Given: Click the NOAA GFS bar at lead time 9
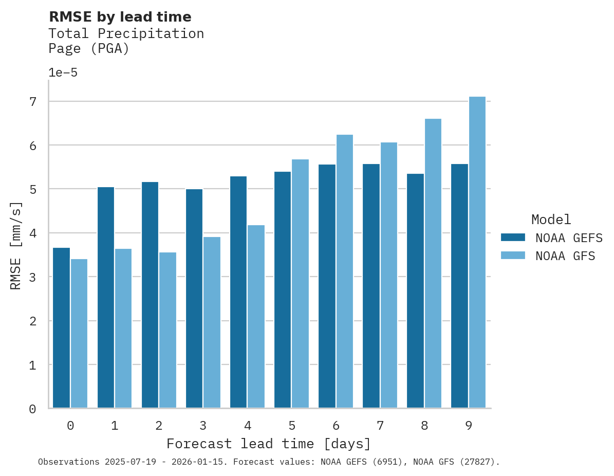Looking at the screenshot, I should pyautogui.click(x=477, y=252).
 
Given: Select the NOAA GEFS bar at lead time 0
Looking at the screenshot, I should pyautogui.click(x=61, y=328).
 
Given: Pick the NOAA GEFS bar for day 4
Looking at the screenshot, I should pyautogui.click(x=238, y=292).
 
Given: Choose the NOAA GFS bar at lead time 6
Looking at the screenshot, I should pyautogui.click(x=344, y=271).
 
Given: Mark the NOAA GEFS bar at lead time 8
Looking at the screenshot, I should pyautogui.click(x=415, y=291).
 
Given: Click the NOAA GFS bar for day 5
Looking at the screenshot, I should pyautogui.click(x=300, y=284).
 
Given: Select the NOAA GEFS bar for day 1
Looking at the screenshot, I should pyautogui.click(x=105, y=298).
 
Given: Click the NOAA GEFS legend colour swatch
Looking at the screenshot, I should pyautogui.click(x=513, y=237).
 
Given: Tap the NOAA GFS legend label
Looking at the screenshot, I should pyautogui.click(x=565, y=256).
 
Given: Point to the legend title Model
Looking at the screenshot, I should pyautogui.click(x=551, y=219).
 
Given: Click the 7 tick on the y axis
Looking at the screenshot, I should pyautogui.click(x=33, y=102).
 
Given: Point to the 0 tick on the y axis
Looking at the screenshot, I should pyautogui.click(x=33, y=409).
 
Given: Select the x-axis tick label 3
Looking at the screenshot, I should pyautogui.click(x=203, y=426).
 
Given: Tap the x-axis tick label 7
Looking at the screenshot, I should pyautogui.click(x=380, y=426).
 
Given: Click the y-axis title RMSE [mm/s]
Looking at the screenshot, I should pyautogui.click(x=16, y=246).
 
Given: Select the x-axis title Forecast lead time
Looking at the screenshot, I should pyautogui.click(x=268, y=444).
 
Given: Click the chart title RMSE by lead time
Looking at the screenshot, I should pyautogui.click(x=120, y=17).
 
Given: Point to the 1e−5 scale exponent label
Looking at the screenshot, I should pyautogui.click(x=63, y=72).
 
